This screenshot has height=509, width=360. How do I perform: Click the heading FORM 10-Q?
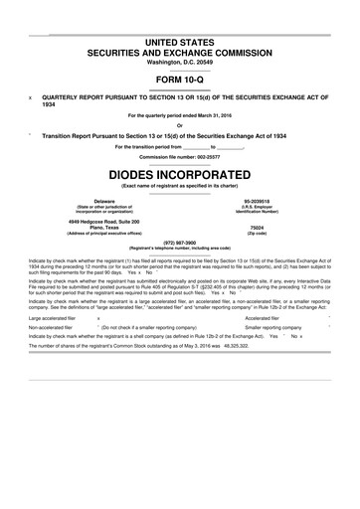180,82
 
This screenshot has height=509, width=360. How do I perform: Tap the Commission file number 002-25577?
180,157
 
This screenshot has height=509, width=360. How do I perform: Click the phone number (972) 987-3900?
180,240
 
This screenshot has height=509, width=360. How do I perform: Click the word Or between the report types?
180,125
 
